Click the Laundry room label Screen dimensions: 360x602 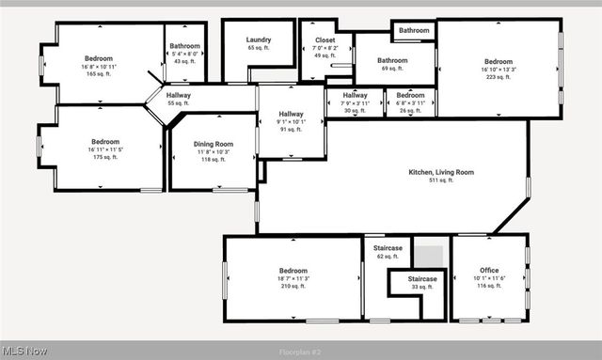click(259, 39)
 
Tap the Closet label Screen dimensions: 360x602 click(325, 40)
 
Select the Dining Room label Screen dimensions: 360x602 click(214, 144)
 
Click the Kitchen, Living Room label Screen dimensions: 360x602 click(440, 172)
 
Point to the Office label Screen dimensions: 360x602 click(489, 270)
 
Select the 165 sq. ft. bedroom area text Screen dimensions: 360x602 click(99, 73)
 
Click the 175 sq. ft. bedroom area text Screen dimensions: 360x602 click(104, 157)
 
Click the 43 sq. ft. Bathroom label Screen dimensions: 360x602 click(184, 46)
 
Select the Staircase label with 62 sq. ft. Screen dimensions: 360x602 click(388, 248)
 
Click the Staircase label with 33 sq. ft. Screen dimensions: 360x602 click(421, 279)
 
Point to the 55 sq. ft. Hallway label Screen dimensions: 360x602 click(179, 95)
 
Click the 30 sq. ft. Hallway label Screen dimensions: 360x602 click(355, 95)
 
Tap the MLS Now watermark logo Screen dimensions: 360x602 click(25, 352)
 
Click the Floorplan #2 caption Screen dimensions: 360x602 click(300, 352)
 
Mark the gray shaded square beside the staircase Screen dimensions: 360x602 click(429, 256)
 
